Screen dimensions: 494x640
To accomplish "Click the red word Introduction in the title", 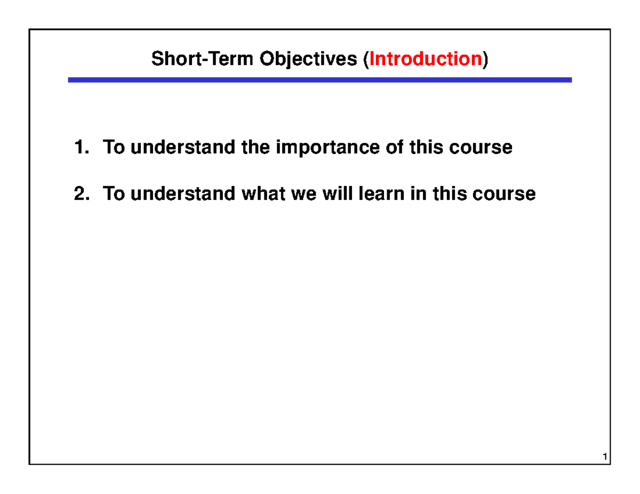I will tap(426, 59).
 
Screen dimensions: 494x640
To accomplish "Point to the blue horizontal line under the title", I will tap(319, 80).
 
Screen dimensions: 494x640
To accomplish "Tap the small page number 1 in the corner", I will tap(604, 458).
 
